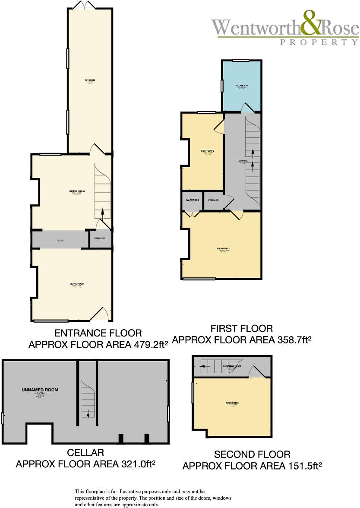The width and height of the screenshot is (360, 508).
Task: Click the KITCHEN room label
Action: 90,80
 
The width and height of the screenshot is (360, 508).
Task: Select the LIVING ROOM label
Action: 77,284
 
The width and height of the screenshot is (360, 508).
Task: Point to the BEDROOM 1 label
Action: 224,249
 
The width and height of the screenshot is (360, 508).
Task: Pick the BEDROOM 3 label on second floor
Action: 232,403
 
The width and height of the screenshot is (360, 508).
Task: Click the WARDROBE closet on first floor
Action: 192,200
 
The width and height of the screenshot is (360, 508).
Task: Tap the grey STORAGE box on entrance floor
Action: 100,238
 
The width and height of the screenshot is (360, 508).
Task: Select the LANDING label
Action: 243,161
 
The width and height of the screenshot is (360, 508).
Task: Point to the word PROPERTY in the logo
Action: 319,42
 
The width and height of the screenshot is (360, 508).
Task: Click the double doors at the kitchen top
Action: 84,5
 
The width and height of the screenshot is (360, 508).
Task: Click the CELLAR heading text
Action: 85,453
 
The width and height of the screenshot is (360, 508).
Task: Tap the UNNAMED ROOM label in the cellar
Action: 40,390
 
